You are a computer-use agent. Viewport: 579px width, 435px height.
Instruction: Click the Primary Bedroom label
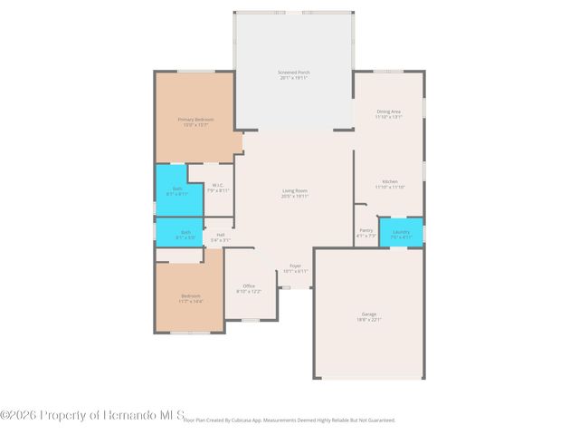(195, 120)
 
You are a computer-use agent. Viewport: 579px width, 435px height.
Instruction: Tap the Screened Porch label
(294, 72)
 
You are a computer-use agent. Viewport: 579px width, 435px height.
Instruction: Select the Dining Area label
(388, 111)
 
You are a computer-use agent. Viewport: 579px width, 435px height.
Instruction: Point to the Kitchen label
(390, 181)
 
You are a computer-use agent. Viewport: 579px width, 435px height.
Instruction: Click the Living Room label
(295, 190)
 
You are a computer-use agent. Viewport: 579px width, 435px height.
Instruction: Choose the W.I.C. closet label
(218, 186)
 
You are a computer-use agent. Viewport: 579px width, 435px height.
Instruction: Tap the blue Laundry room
(401, 232)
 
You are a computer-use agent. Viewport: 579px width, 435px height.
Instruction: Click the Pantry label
(365, 230)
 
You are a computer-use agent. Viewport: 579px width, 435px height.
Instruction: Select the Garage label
(369, 314)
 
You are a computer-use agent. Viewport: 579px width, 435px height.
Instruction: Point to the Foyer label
(296, 266)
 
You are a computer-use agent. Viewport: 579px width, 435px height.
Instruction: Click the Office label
(249, 285)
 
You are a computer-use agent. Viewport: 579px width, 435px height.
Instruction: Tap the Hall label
(221, 235)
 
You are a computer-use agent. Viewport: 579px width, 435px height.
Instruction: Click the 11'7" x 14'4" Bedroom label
(191, 296)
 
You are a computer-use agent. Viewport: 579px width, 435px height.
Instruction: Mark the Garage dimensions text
(369, 320)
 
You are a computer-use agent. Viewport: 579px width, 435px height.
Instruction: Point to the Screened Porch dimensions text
(294, 79)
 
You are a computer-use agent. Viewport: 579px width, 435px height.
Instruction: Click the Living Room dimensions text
(295, 197)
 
